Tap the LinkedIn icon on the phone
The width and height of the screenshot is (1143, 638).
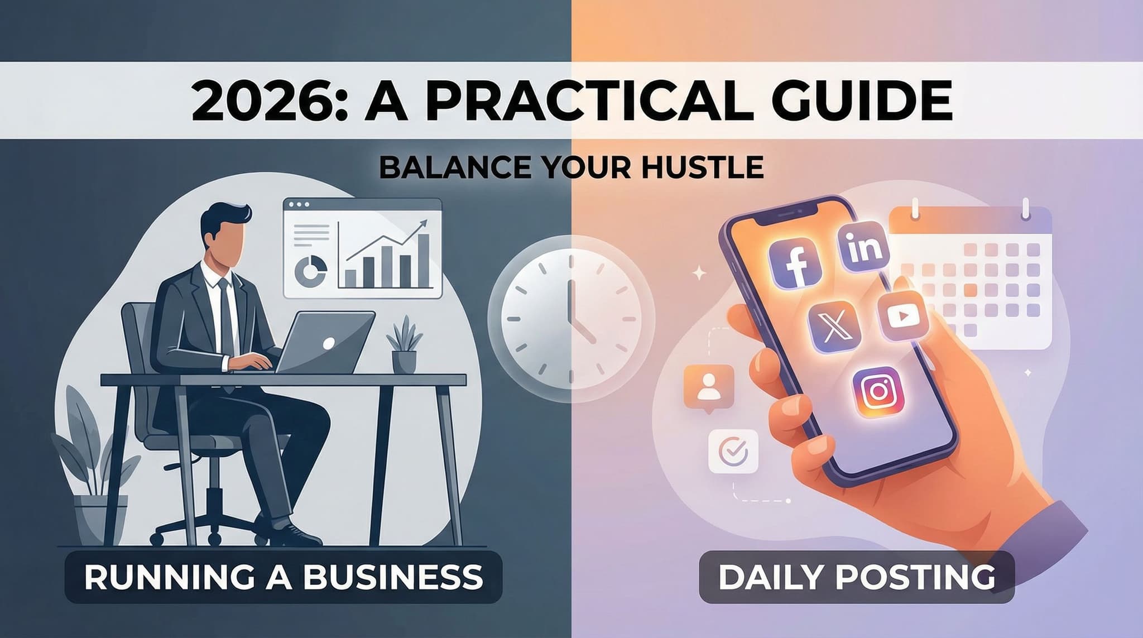pyautogui.click(x=863, y=247)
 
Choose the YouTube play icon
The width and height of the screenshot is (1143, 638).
pyautogui.click(x=902, y=316)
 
